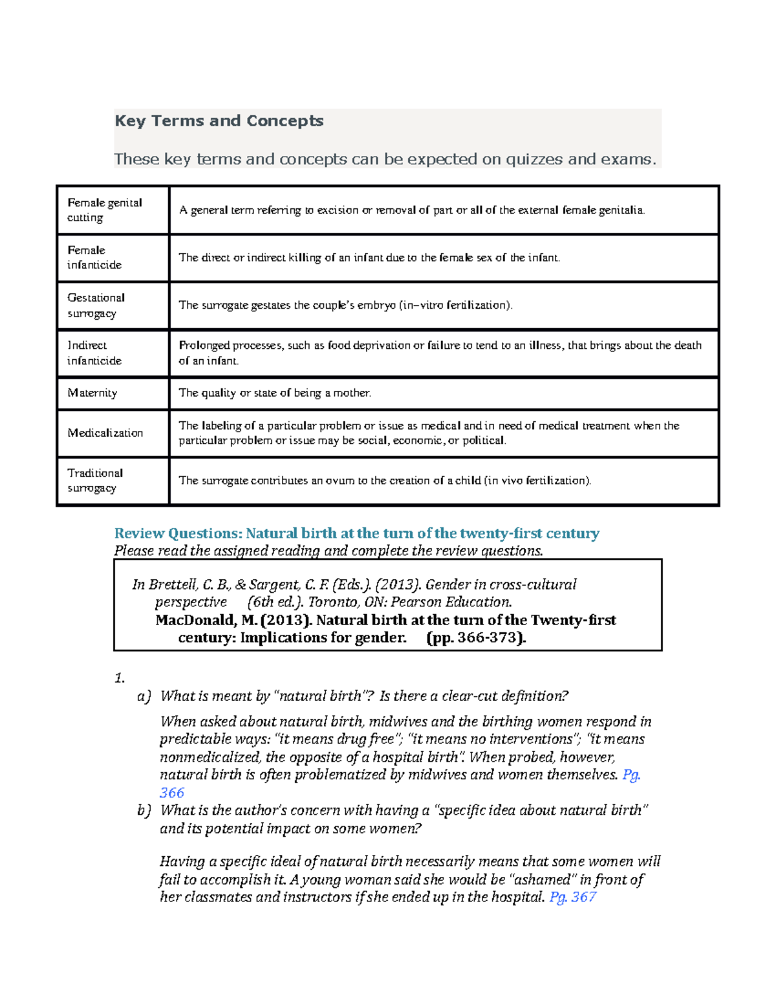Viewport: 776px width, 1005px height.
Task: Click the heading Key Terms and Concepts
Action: point(219,121)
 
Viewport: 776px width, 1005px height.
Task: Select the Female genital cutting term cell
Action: point(104,210)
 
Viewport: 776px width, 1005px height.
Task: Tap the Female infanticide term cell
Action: point(94,257)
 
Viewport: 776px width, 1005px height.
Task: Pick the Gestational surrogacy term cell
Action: point(96,305)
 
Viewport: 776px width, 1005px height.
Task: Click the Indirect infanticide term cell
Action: point(94,353)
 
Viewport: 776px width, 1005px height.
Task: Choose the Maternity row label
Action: point(92,393)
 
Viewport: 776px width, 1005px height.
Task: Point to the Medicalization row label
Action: point(105,433)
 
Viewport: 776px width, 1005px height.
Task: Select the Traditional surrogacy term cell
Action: point(95,480)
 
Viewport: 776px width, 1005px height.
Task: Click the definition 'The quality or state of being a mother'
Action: point(275,393)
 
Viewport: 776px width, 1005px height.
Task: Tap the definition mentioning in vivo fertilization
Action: point(385,480)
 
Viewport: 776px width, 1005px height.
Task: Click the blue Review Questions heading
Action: point(356,533)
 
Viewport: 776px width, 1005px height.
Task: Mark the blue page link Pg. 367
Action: point(572,897)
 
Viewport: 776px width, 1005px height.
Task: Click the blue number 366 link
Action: point(172,793)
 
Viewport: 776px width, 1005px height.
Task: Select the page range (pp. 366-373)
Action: point(476,637)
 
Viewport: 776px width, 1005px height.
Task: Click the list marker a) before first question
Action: point(144,696)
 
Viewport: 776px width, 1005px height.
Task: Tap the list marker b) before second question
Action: point(144,811)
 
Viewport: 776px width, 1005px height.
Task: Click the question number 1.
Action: point(119,678)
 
